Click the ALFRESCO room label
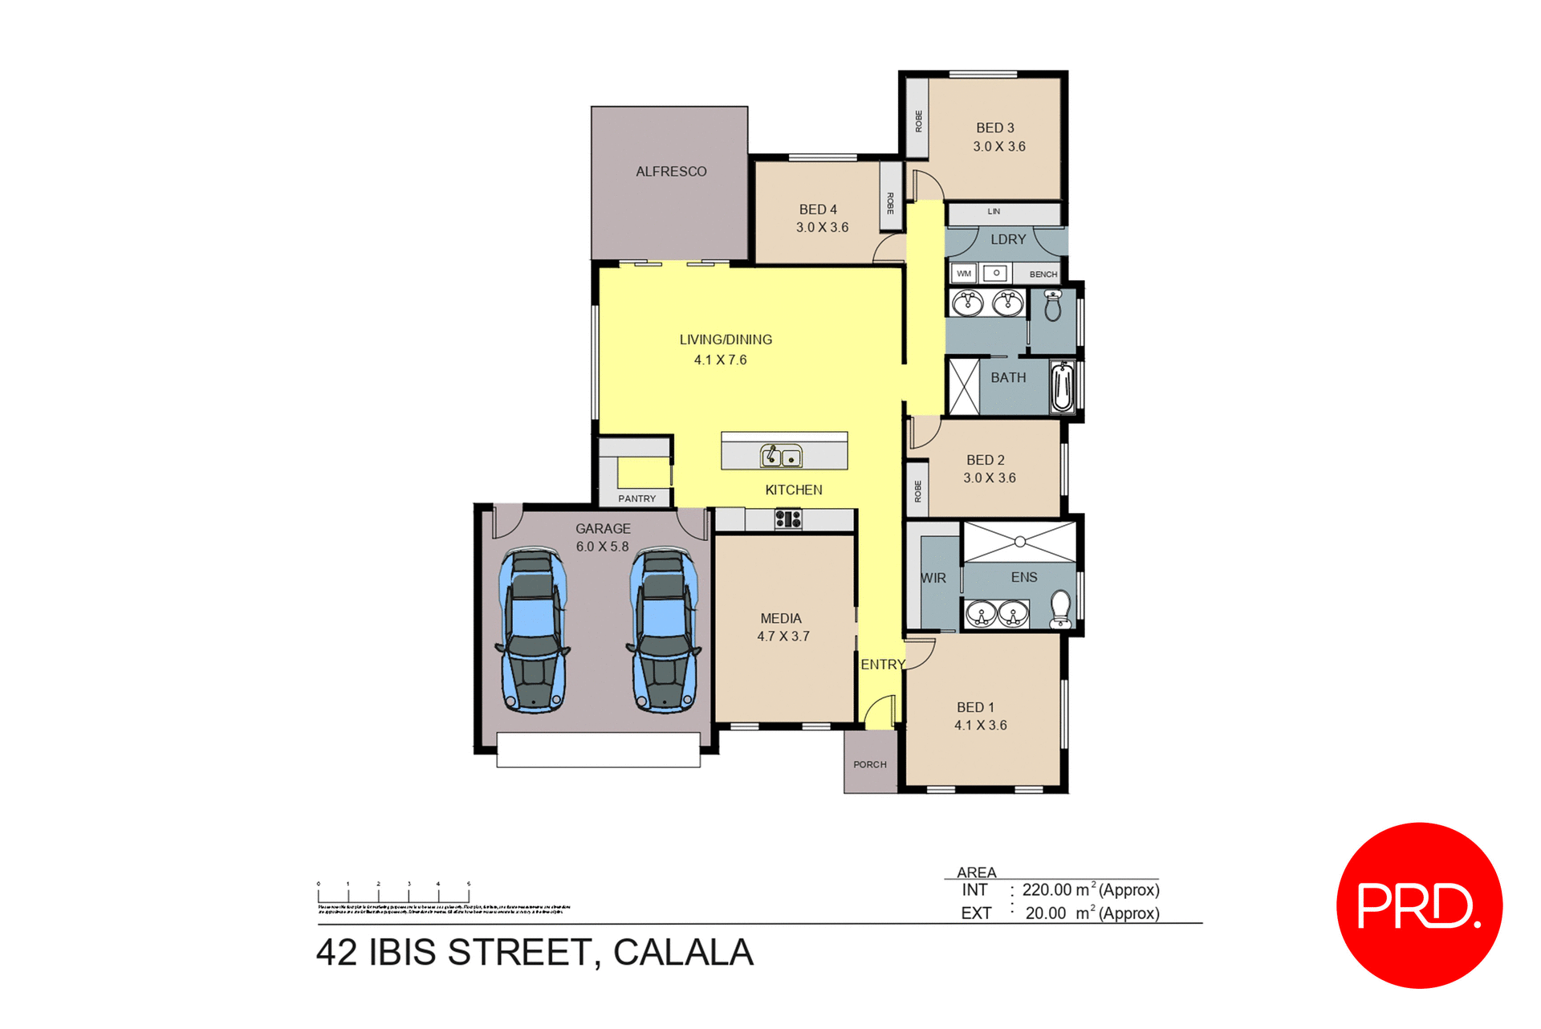point(671,172)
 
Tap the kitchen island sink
point(781,457)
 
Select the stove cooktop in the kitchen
point(787,519)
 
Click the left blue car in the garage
point(533,630)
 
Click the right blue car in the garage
point(664,630)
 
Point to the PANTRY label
point(636,498)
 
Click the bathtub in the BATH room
point(1062,386)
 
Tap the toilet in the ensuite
point(1060,608)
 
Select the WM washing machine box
point(964,274)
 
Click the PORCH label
point(870,765)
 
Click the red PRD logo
point(1418,905)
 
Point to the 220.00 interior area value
point(1047,890)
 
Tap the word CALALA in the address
point(683,953)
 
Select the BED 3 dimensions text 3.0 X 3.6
point(999,147)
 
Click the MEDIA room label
point(781,619)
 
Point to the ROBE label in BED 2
point(918,491)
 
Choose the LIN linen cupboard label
point(994,212)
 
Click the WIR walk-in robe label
point(933,578)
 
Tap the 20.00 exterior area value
point(1046,913)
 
